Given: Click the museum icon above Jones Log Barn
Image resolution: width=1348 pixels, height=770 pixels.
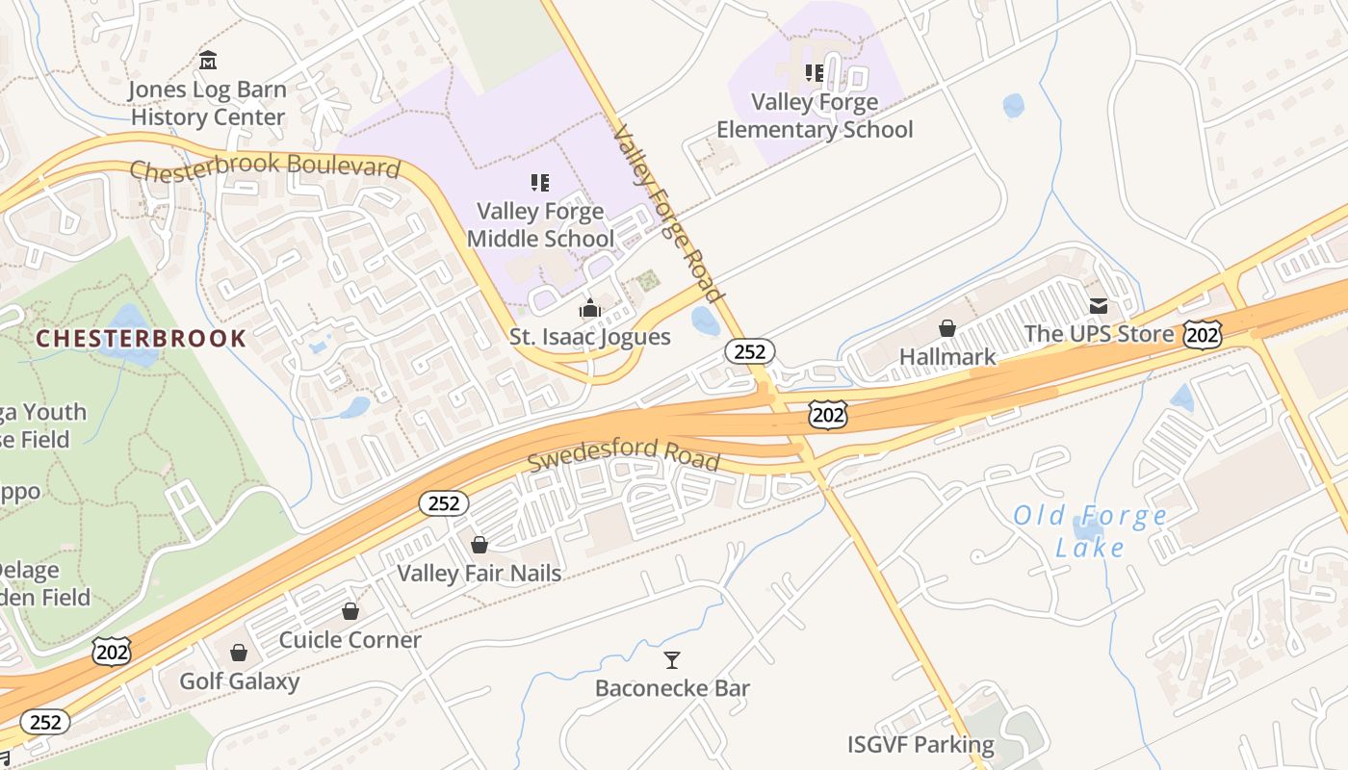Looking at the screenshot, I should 208,61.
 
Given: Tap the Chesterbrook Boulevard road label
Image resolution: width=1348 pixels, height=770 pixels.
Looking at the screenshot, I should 265,167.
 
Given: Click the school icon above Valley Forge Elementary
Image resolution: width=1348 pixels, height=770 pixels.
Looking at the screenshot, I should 815,73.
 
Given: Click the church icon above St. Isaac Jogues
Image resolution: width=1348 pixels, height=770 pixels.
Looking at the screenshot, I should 589,309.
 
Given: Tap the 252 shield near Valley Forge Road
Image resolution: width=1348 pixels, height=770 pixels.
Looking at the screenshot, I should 749,351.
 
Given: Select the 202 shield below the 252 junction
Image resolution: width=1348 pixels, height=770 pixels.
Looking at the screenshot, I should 828,414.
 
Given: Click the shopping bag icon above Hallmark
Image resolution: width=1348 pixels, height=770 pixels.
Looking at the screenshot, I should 947,328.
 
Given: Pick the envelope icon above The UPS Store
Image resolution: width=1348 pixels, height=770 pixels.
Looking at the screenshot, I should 1099,306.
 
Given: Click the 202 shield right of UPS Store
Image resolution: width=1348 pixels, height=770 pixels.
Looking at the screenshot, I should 1204,334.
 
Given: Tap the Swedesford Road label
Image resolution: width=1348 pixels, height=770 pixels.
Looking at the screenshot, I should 623,453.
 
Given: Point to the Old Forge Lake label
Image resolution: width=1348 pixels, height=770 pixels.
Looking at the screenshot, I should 1090,531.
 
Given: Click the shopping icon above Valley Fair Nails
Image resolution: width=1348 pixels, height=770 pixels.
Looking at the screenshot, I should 480,545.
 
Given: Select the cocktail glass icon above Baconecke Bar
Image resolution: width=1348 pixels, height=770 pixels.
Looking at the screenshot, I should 672,659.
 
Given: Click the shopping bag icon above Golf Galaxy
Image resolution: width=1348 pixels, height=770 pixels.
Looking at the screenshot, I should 239,653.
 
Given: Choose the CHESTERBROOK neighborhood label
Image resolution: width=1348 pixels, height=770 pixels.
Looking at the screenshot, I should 142,338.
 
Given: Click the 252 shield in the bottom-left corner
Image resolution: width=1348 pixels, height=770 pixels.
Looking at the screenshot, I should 44,722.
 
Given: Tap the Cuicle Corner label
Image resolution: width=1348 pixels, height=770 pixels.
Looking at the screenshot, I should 350,639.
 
